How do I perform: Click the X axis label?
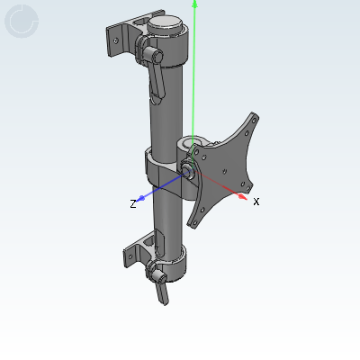point(256,202)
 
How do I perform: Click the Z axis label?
point(133,204)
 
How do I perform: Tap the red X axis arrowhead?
point(243,196)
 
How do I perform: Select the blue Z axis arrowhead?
point(141,198)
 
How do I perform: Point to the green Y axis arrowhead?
point(195,4)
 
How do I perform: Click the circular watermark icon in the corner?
point(22,22)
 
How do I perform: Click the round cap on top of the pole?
point(165,23)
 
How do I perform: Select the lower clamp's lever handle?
point(162,292)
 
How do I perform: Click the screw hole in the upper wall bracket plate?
point(116,40)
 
